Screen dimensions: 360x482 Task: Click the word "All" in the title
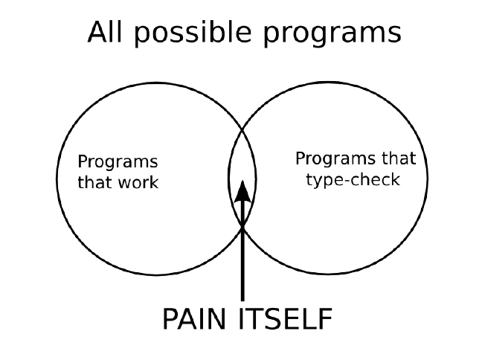coord(105,33)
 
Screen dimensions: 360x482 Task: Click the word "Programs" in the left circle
coord(118,162)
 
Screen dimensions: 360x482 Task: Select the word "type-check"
coord(353,179)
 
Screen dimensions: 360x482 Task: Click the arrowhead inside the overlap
coord(242,191)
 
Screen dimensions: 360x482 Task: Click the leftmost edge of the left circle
coord(57,179)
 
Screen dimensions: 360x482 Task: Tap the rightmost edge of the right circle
coord(428,179)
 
